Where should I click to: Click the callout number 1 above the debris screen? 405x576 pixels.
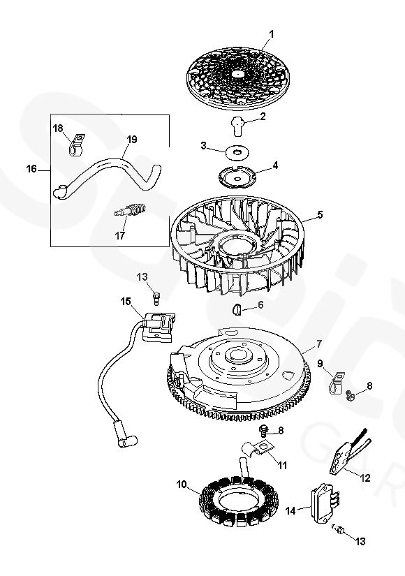(272, 34)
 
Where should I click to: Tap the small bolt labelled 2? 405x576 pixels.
(238, 126)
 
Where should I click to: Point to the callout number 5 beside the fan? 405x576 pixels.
(319, 214)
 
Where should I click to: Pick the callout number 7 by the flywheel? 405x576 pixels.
(318, 344)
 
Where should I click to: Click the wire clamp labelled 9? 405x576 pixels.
(336, 384)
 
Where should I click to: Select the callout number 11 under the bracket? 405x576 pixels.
(282, 466)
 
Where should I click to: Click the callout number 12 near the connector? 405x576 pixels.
(365, 478)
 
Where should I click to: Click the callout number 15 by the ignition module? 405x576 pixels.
(126, 302)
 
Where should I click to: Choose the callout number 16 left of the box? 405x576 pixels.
(31, 169)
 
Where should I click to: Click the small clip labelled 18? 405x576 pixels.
(77, 145)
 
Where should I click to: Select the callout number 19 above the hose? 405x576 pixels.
(132, 140)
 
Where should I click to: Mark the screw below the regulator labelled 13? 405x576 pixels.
(338, 529)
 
